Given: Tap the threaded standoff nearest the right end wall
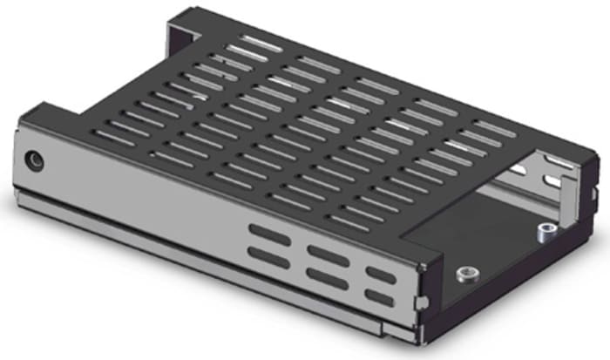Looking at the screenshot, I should [x=545, y=231].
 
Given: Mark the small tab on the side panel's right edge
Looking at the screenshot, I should [x=422, y=301].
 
